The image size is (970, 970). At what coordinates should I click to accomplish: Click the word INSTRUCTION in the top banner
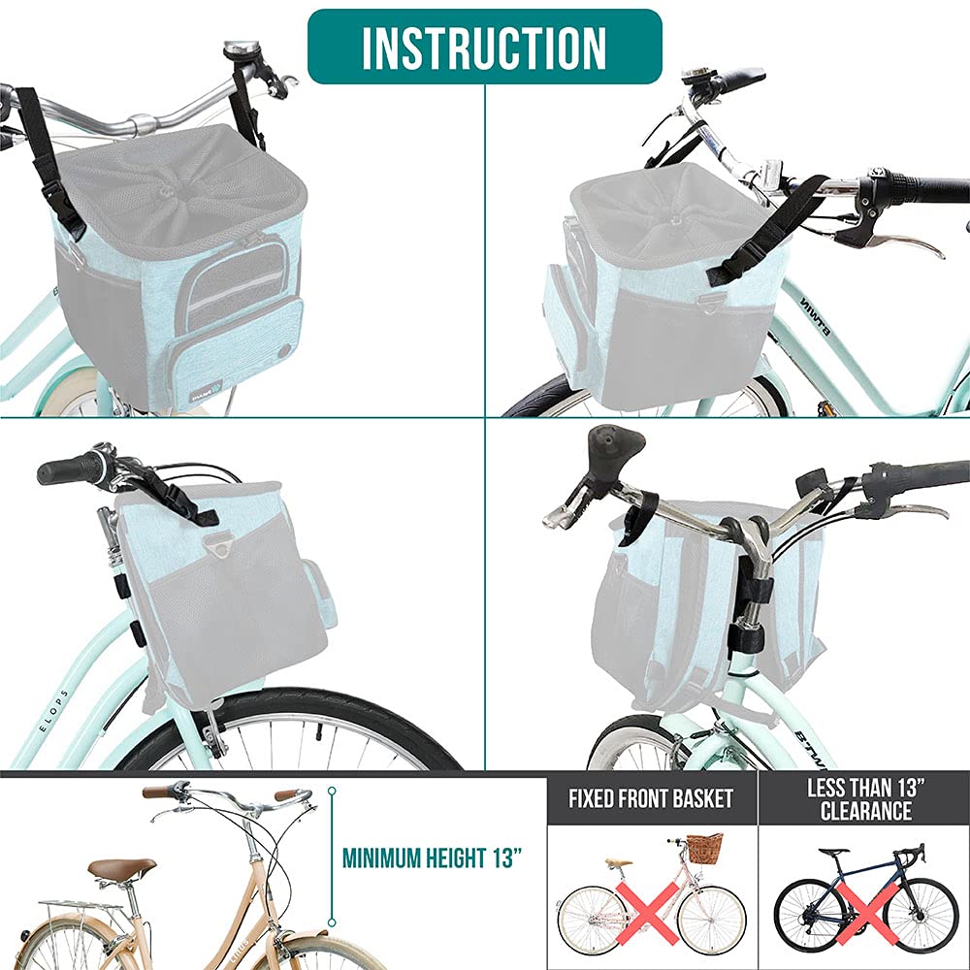[x=484, y=47]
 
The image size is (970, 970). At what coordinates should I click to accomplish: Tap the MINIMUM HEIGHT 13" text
[x=433, y=857]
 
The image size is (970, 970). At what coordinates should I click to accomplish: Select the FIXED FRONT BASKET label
[x=651, y=800]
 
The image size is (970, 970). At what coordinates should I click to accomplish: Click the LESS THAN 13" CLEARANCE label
[x=864, y=799]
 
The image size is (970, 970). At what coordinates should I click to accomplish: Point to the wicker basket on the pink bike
[x=704, y=848]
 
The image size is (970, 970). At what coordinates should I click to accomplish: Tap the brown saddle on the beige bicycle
[x=122, y=866]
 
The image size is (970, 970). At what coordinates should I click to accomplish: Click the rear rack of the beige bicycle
[x=82, y=906]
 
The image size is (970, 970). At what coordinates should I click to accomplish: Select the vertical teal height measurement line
[x=332, y=857]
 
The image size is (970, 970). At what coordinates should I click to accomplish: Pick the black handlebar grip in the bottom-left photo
[x=68, y=470]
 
